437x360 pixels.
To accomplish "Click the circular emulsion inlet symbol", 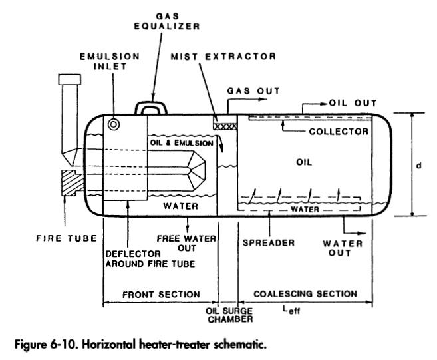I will [x=114, y=124].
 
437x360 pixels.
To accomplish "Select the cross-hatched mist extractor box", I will [x=225, y=124].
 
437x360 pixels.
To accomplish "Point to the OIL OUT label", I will [x=353, y=104].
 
